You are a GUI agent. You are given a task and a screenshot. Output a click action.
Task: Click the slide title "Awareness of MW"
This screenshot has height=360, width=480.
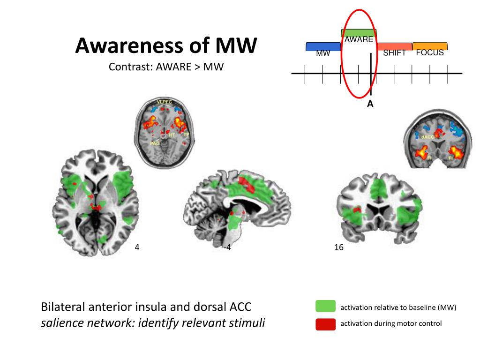point(166,46)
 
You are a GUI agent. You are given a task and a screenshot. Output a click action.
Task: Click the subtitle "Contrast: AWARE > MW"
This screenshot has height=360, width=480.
point(166,67)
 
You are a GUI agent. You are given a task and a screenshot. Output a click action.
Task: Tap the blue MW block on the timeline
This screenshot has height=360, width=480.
point(323,47)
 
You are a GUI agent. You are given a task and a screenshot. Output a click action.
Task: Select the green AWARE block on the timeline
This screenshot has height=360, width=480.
point(359,33)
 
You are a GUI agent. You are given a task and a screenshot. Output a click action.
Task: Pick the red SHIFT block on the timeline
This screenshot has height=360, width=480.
point(394,46)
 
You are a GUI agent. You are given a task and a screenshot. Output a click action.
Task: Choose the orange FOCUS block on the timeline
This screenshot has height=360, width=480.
point(430,46)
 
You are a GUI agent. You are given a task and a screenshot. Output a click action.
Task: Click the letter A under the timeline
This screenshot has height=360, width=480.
point(370,105)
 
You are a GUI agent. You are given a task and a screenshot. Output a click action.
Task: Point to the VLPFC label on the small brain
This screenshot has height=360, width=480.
point(164,102)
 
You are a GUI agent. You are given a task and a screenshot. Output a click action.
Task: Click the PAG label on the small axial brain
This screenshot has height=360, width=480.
point(155,142)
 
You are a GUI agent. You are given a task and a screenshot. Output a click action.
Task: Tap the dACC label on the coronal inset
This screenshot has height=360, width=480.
point(427,137)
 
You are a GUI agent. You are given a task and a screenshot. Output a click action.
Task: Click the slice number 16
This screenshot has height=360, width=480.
point(339,247)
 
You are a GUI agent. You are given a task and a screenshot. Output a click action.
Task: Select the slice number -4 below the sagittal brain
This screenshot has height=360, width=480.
point(227,247)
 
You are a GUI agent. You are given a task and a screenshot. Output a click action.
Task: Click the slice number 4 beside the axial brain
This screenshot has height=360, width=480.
point(137,247)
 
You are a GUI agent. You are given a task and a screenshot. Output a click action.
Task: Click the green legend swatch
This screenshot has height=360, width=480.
point(326,307)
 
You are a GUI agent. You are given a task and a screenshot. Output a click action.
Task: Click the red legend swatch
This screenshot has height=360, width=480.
point(326,324)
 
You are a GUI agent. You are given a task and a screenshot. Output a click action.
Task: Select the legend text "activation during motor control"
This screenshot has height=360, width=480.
point(391,323)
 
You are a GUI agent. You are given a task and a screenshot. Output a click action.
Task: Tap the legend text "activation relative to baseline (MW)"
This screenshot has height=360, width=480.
point(398,307)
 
